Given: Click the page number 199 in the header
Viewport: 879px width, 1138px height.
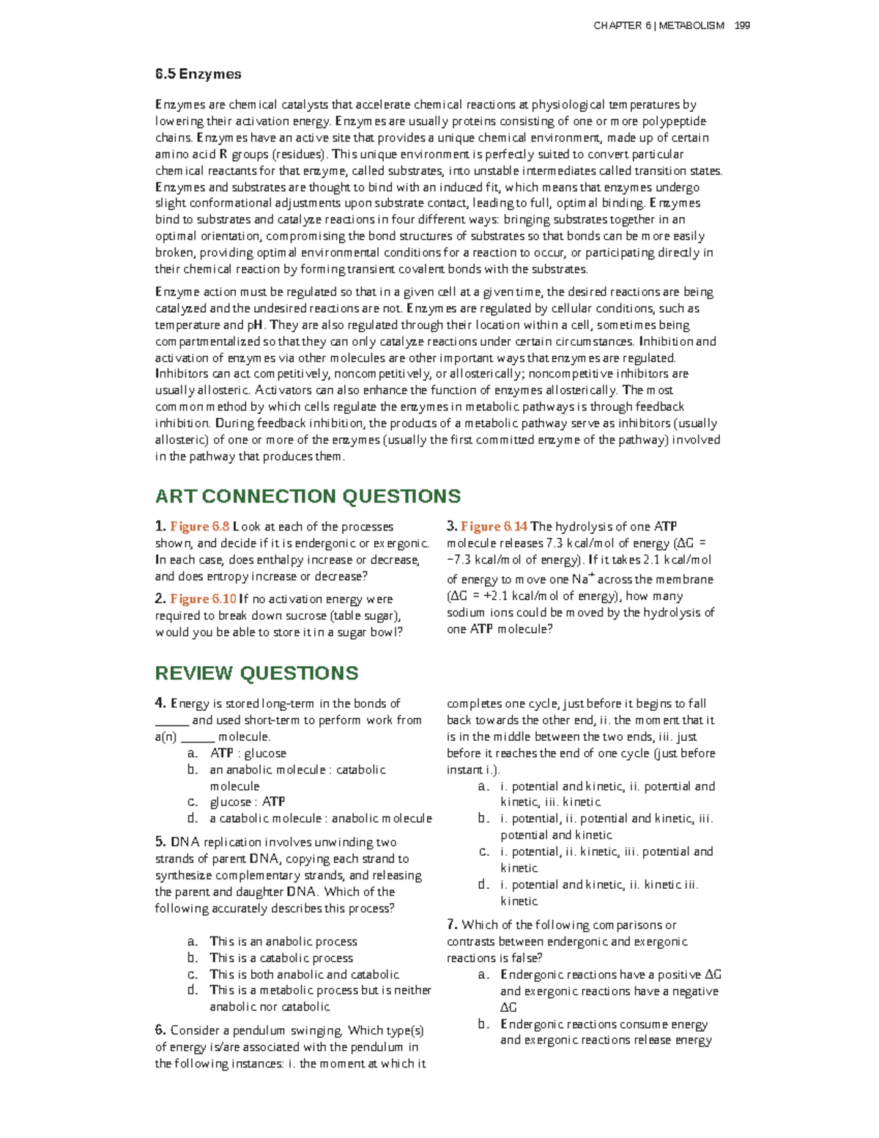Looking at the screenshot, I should coord(742,26).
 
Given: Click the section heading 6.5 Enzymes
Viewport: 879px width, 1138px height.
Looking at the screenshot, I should coord(198,74).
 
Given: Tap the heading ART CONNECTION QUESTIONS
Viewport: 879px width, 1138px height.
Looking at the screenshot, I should coord(308,496).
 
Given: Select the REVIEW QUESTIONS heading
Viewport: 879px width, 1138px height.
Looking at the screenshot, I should coord(256,673).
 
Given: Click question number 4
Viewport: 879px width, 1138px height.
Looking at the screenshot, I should coord(161,703).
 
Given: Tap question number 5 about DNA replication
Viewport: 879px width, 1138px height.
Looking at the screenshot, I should coord(161,843).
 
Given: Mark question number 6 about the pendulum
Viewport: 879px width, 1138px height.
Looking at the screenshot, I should coord(161,1031).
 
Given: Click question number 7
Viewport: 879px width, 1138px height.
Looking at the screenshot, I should coord(453,925).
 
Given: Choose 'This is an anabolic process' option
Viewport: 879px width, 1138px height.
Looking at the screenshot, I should coord(283,942).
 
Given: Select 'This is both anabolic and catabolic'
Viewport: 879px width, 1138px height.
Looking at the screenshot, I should coord(304,975).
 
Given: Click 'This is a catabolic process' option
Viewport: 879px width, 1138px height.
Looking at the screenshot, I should coord(281,958).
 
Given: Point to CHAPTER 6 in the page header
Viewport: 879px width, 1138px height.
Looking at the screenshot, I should coord(622,26).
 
